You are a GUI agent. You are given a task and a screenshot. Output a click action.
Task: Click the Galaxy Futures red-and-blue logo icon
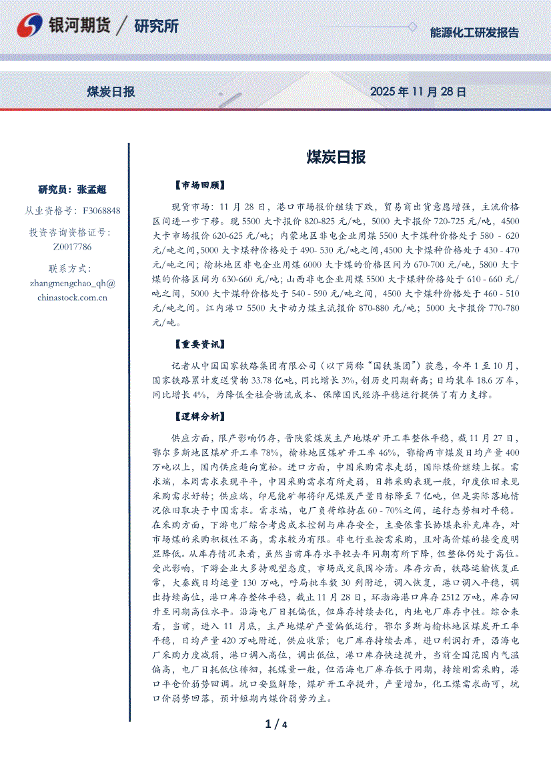[30, 27]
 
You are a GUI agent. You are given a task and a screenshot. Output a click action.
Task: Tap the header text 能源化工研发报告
[474, 33]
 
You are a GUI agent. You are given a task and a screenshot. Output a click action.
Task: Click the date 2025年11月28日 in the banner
[418, 91]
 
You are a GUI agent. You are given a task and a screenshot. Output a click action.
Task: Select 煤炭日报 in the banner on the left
[111, 91]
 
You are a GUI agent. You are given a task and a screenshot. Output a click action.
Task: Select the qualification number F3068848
[101, 211]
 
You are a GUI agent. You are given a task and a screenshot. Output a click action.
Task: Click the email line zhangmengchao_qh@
[73, 283]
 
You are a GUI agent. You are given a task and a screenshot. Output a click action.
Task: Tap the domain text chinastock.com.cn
[73, 298]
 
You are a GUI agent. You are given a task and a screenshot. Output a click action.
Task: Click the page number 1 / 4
[275, 725]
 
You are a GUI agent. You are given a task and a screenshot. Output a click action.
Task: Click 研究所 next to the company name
[156, 27]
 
